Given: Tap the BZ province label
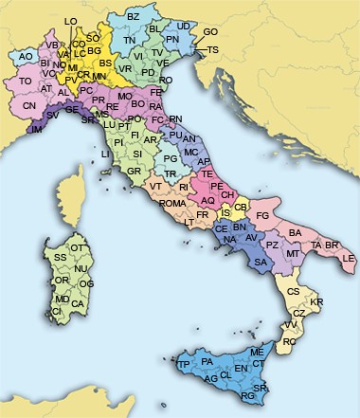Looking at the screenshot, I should coord(133,17).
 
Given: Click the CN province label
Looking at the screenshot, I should coord(29,105).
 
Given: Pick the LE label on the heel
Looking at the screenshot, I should coord(348,258).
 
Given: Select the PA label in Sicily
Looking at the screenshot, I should coord(207,361).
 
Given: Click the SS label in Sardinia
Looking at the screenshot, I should coord(60,257).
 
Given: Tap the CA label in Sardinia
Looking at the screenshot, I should coord(78,304).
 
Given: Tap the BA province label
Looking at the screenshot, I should coord(295,233).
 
